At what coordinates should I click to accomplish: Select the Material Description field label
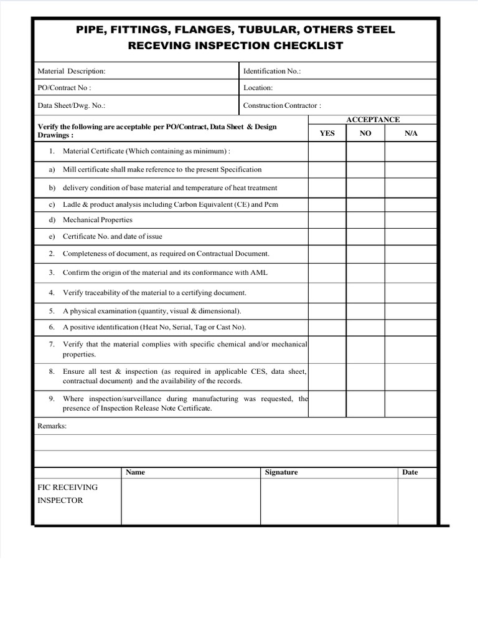click(72, 72)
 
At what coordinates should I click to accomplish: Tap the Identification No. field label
click(272, 72)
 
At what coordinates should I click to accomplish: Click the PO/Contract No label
click(65, 88)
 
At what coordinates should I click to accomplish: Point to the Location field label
click(258, 88)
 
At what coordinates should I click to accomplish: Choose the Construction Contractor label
click(282, 105)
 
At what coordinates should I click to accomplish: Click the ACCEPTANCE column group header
click(373, 120)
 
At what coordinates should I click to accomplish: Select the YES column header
click(327, 133)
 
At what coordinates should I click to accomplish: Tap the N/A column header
click(411, 133)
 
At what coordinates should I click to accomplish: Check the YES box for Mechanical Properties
click(327, 220)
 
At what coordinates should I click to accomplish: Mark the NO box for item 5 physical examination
click(365, 311)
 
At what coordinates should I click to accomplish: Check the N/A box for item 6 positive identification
click(411, 327)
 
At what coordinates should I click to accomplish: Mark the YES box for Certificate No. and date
click(327, 237)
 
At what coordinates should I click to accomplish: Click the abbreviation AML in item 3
click(259, 273)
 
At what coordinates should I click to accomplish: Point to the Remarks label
click(52, 426)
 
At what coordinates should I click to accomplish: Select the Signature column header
click(281, 472)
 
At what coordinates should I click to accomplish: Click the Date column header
click(410, 472)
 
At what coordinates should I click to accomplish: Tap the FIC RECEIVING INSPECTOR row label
click(68, 493)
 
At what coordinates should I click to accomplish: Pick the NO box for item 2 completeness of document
click(365, 254)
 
